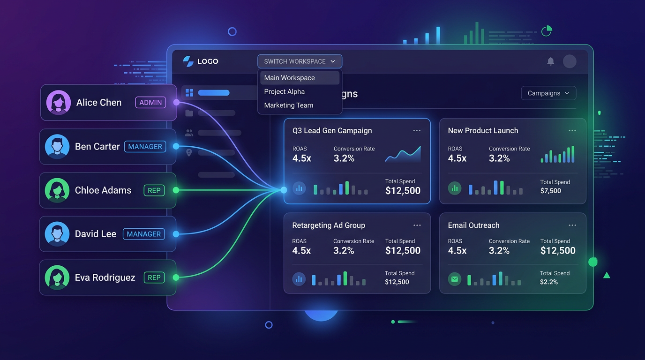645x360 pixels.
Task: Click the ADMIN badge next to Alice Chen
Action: click(150, 103)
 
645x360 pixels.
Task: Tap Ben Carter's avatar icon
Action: click(57, 147)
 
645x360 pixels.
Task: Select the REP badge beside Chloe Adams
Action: click(154, 190)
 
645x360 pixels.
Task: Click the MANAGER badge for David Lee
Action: click(144, 234)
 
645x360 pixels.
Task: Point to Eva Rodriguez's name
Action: click(105, 277)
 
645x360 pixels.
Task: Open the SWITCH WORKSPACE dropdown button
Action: click(300, 61)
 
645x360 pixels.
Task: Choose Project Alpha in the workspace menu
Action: click(285, 91)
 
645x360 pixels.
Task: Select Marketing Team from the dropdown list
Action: click(289, 105)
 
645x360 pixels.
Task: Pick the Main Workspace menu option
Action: click(290, 78)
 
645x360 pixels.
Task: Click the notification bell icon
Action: click(551, 61)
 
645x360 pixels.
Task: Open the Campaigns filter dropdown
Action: click(548, 93)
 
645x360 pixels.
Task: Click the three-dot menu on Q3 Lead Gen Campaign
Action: click(417, 131)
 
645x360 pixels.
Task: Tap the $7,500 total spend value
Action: click(550, 191)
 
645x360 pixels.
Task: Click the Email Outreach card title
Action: click(473, 225)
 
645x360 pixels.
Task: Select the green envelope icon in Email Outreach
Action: click(454, 279)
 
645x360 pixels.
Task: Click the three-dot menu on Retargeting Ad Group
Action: click(417, 225)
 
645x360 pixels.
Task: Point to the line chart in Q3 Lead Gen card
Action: click(403, 154)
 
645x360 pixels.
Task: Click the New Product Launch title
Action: click(483, 131)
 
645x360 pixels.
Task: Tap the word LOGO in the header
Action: click(208, 61)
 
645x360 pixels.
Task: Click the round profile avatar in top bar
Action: click(570, 61)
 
